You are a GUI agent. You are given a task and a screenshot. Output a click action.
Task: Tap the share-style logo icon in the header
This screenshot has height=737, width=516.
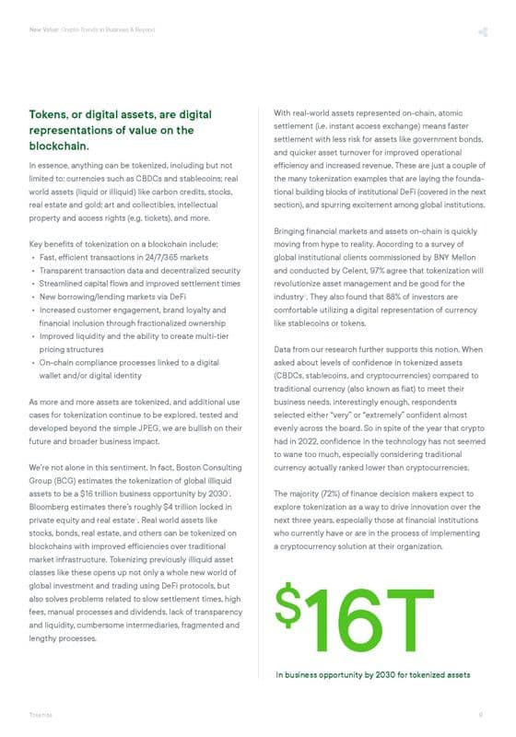point(482,33)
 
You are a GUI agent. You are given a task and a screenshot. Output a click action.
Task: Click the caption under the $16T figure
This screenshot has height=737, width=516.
point(373,675)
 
